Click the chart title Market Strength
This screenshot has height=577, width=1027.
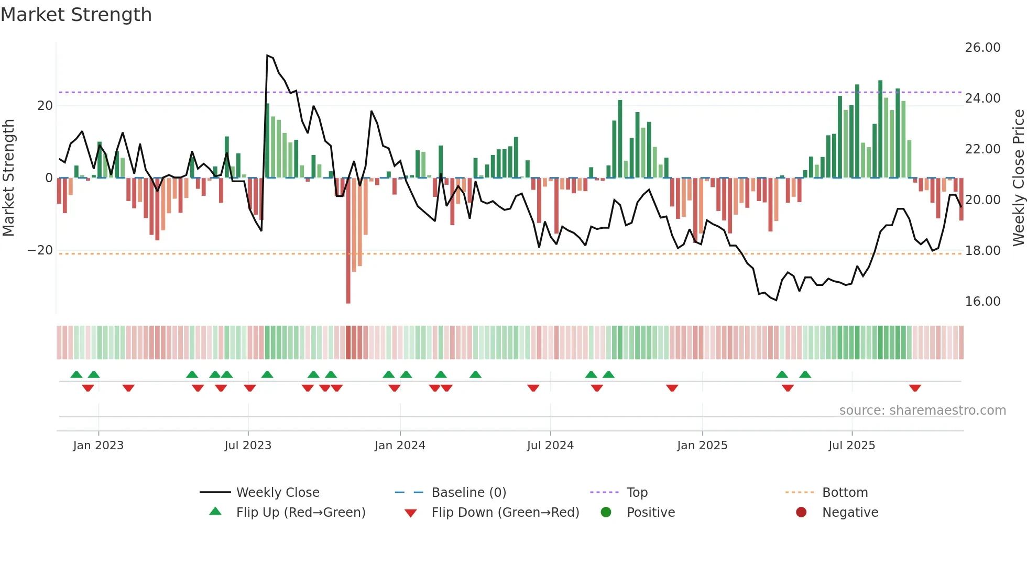tap(76, 15)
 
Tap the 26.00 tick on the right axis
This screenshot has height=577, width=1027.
tap(982, 48)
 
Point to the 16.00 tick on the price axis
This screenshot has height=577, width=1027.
tap(982, 302)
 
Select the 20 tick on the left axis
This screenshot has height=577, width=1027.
tap(45, 106)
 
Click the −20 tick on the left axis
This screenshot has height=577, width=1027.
tap(40, 250)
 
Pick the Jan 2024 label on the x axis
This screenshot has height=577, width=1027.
tap(400, 446)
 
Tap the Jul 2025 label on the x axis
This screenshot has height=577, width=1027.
tap(851, 446)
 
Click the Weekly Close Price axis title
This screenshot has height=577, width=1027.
tap(1018, 178)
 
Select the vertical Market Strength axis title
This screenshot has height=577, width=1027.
tap(9, 178)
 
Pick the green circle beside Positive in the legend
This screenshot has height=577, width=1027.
tap(606, 513)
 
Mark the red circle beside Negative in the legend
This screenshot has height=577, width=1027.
tap(801, 513)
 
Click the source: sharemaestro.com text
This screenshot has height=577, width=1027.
tap(922, 410)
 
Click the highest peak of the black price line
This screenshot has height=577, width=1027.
tap(267, 56)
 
